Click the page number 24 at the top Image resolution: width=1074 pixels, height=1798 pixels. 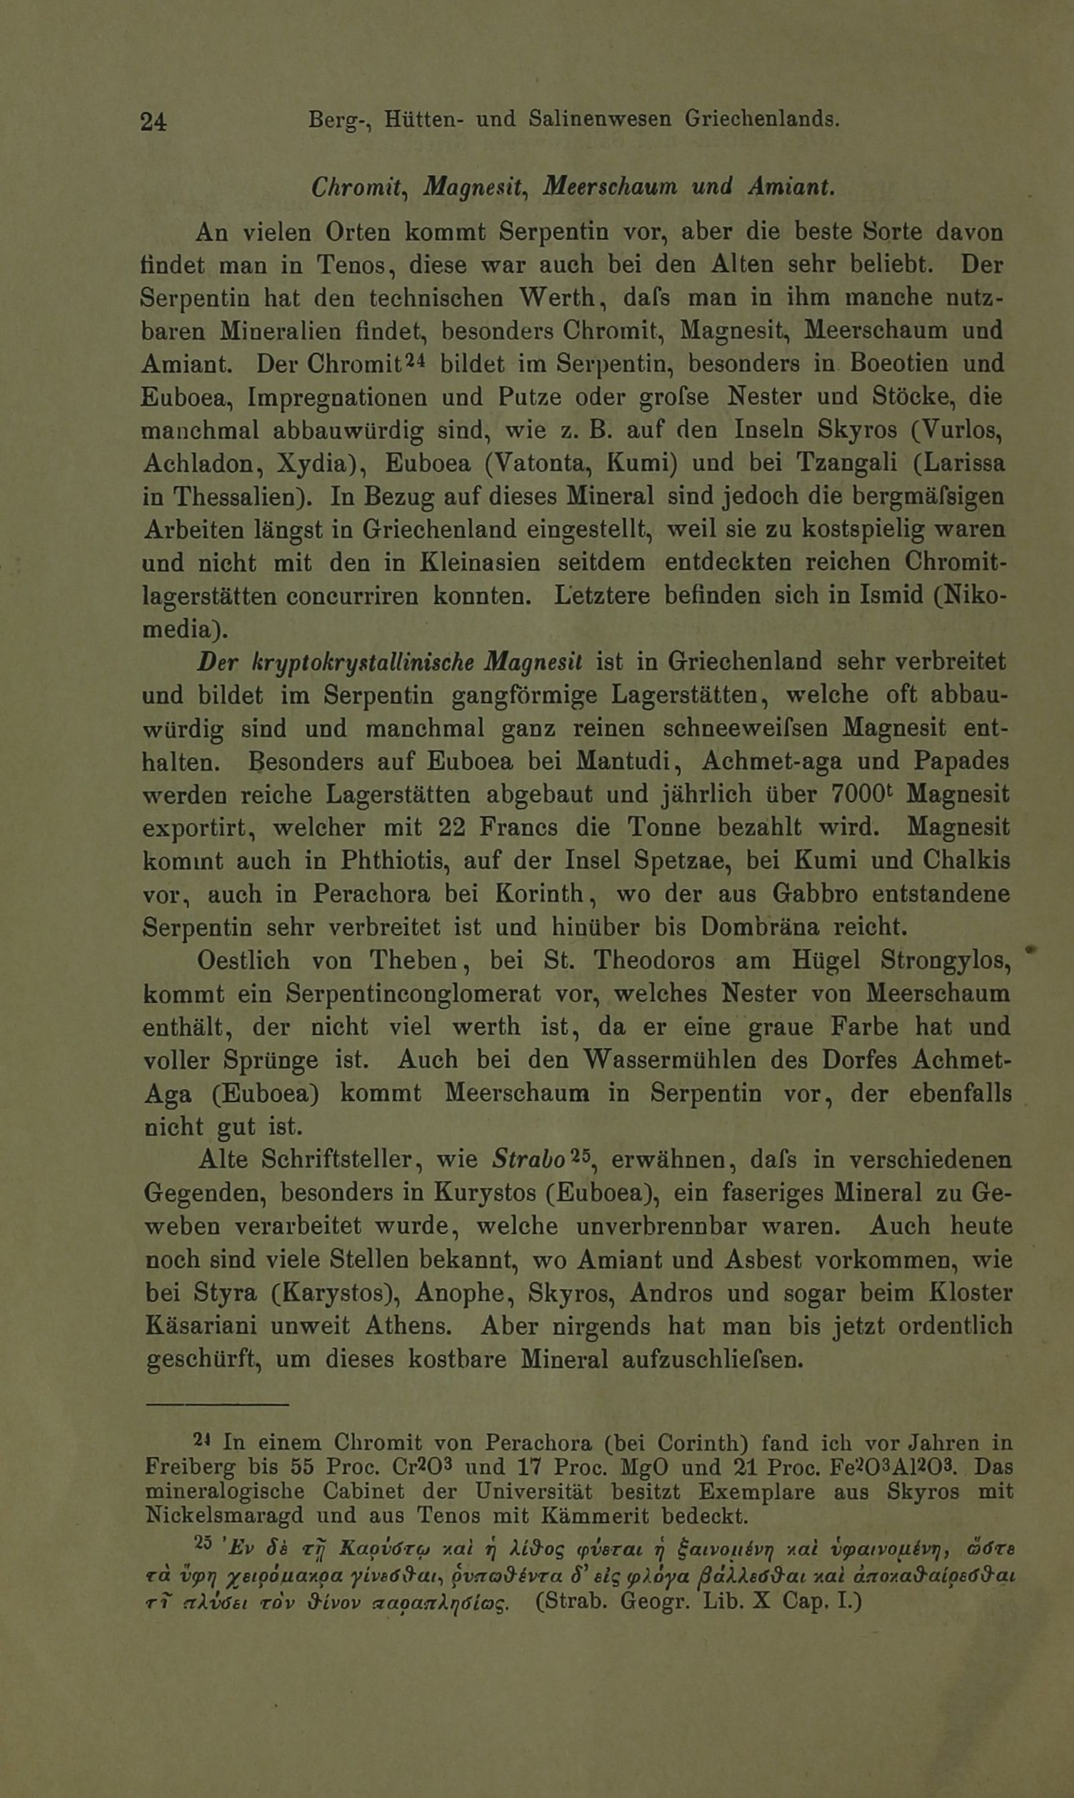[x=153, y=121]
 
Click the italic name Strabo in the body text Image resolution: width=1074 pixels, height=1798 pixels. [x=527, y=1159]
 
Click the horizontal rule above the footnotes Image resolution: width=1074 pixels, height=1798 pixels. [x=216, y=1405]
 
